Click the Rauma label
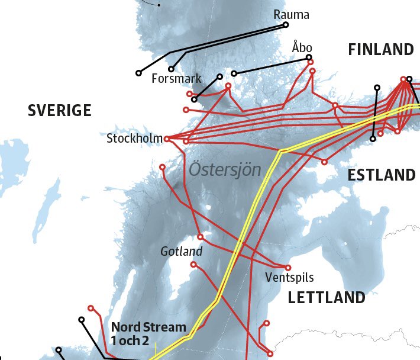(x=292, y=14)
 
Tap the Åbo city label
(x=302, y=47)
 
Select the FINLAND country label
(x=380, y=49)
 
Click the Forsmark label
(x=176, y=78)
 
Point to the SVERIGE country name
(x=60, y=110)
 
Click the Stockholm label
(x=134, y=139)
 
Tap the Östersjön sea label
(x=225, y=170)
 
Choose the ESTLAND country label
(x=381, y=175)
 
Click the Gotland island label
(x=181, y=252)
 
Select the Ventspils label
(x=289, y=277)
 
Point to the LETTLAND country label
(x=327, y=297)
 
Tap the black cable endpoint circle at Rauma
(x=286, y=25)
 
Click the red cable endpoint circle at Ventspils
(x=288, y=267)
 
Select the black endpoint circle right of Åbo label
(x=309, y=57)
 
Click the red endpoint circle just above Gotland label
(x=200, y=236)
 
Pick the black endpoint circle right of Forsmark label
(x=219, y=76)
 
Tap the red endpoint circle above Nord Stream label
(x=91, y=308)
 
